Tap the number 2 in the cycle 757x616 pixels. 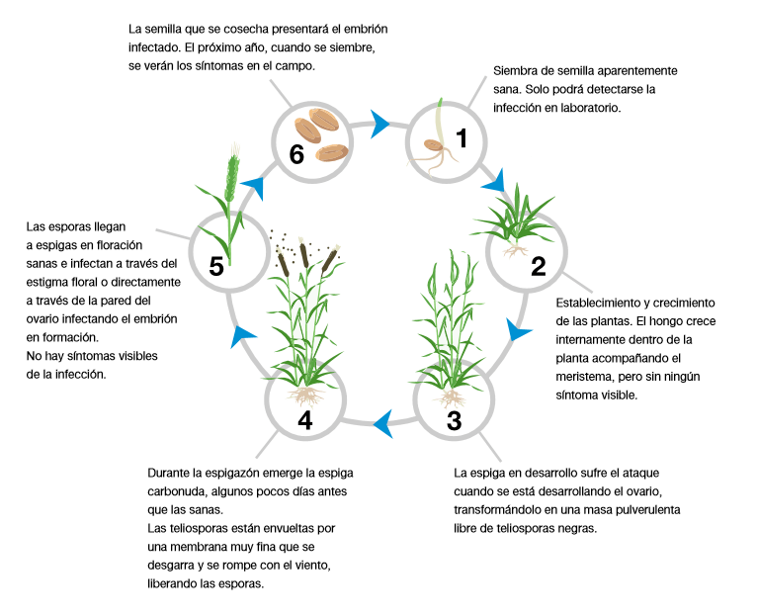(x=539, y=265)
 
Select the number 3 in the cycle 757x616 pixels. (x=454, y=420)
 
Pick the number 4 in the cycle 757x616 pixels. (x=304, y=420)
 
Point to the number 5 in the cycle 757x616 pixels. (x=217, y=266)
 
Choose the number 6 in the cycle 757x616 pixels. (x=295, y=153)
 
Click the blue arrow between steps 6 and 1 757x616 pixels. (x=379, y=124)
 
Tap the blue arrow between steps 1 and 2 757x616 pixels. (x=493, y=182)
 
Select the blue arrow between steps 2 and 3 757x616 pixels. (x=515, y=329)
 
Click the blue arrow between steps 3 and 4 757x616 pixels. (x=380, y=425)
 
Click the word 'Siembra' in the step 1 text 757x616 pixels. (x=515, y=72)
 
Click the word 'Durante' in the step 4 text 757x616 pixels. (x=170, y=473)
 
